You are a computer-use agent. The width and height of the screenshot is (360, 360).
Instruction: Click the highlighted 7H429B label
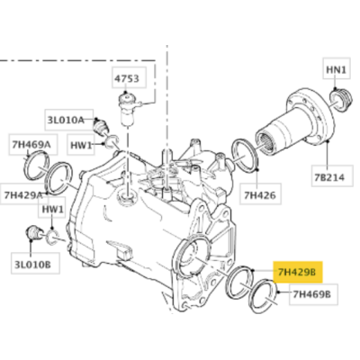pyautogui.click(x=297, y=272)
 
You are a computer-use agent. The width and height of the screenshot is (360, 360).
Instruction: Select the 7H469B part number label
pyautogui.click(x=311, y=294)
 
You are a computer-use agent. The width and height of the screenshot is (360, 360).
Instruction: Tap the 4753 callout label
pyautogui.click(x=127, y=78)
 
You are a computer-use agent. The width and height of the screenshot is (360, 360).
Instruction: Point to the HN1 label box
pyautogui.click(x=337, y=69)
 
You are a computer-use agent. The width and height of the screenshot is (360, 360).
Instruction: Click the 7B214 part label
pyautogui.click(x=329, y=177)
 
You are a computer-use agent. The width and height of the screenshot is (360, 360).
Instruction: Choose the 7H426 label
pyautogui.click(x=260, y=195)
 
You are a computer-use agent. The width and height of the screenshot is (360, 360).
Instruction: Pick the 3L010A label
pyautogui.click(x=66, y=120)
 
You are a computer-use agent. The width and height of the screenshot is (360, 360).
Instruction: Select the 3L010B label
pyautogui.click(x=32, y=264)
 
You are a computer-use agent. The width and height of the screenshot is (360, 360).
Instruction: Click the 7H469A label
pyautogui.click(x=31, y=145)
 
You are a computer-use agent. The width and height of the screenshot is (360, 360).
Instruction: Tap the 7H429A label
pyautogui.click(x=22, y=195)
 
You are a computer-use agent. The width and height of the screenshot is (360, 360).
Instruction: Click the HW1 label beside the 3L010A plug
pyautogui.click(x=81, y=145)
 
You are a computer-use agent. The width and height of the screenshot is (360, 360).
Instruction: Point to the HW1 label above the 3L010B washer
pyautogui.click(x=53, y=209)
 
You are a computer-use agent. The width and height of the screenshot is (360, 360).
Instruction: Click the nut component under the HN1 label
pyautogui.click(x=339, y=99)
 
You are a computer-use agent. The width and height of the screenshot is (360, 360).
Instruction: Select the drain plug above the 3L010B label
pyautogui.click(x=33, y=233)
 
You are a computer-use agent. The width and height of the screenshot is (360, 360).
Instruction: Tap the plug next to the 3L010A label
pyautogui.click(x=100, y=126)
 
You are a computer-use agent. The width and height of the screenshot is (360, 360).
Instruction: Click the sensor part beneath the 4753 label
pyautogui.click(x=128, y=109)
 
